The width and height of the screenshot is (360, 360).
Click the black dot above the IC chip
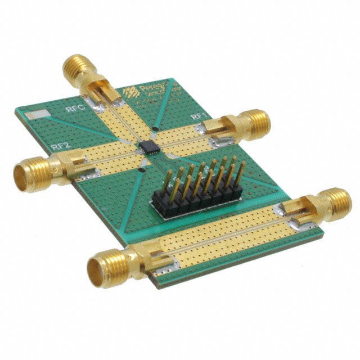pyautogui.click(x=152, y=130)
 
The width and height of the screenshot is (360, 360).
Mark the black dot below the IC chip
pyautogui.click(x=143, y=168)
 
